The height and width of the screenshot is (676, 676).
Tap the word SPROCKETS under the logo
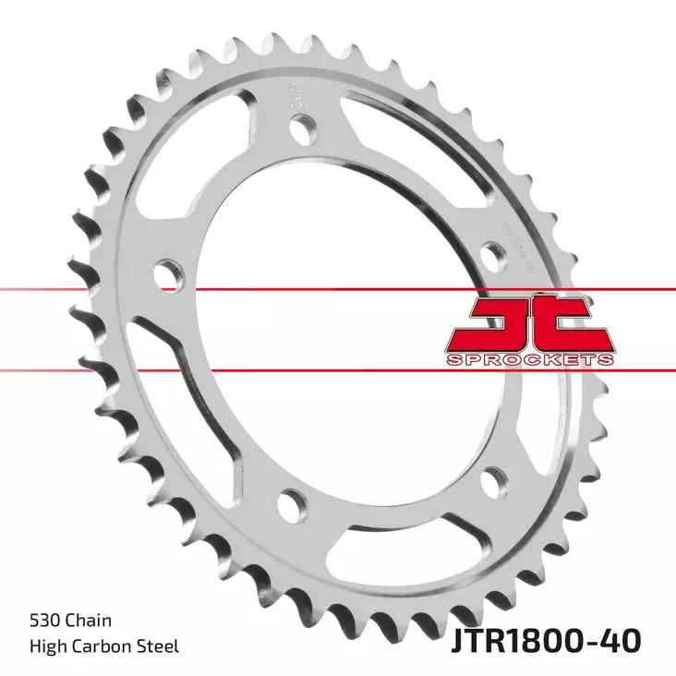pos(530,359)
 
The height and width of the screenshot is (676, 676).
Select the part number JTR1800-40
pos(546,639)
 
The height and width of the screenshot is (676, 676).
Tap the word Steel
pos(159,646)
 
